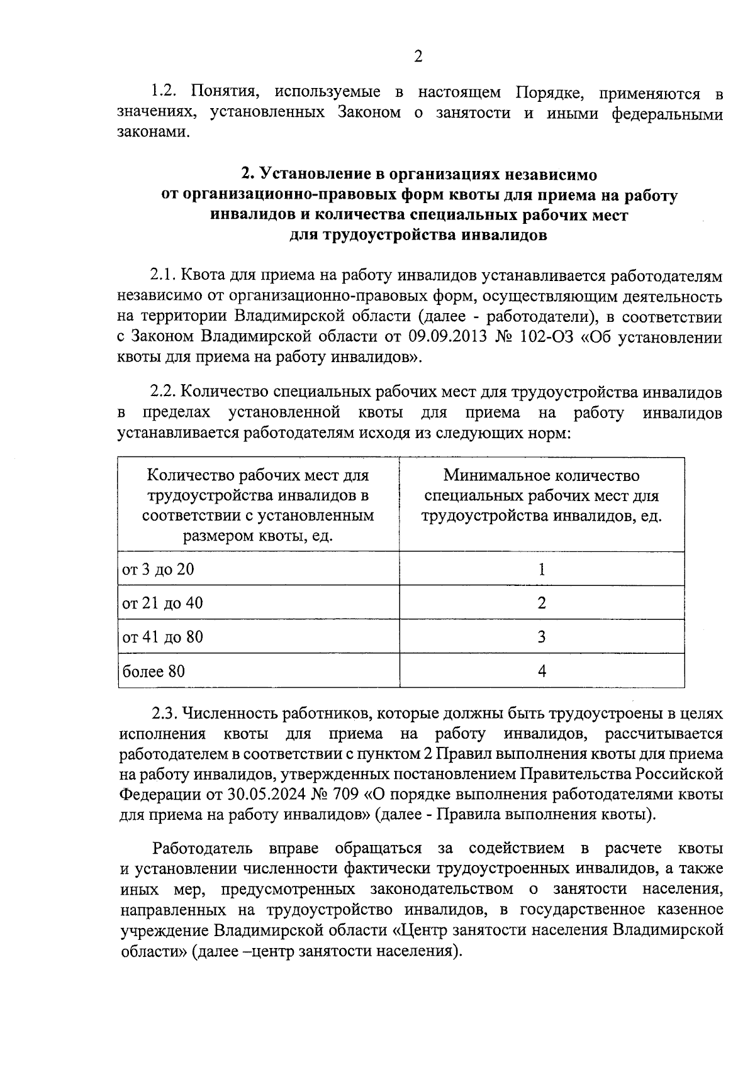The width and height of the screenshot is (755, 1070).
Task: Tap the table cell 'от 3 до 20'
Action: click(x=158, y=570)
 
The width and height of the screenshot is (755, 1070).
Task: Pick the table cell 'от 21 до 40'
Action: click(x=162, y=604)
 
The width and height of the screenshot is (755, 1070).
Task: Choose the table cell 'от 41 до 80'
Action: click(x=162, y=637)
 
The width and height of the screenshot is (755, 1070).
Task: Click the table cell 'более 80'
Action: click(x=154, y=671)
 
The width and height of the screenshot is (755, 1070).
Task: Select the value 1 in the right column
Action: click(x=542, y=570)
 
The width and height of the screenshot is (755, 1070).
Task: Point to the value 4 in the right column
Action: click(x=542, y=671)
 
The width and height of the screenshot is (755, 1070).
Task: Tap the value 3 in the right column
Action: click(x=542, y=637)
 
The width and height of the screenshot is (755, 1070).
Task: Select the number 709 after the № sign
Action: click(x=344, y=794)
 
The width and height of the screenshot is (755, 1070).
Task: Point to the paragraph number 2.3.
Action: click(x=164, y=714)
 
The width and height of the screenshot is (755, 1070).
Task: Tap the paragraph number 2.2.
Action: click(x=164, y=392)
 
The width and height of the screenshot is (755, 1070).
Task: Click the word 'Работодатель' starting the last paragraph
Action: click(x=203, y=849)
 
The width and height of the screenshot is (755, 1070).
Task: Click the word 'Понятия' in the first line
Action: click(x=223, y=92)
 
